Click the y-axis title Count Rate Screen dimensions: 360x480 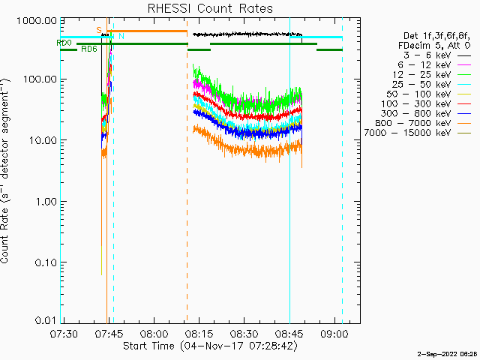(x=7, y=171)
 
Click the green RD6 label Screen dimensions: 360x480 (x=88, y=49)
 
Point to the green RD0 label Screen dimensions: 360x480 (x=64, y=43)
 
